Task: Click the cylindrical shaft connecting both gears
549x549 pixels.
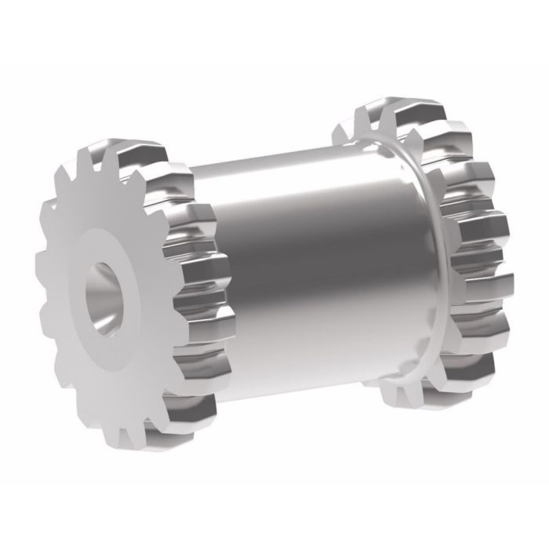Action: pos(314,259)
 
